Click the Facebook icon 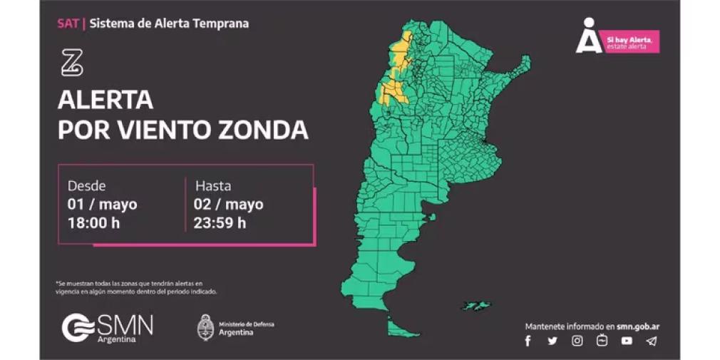[x=528, y=341]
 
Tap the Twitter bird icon [x=552, y=341]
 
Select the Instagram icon [x=577, y=341]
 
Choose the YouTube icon [x=627, y=341]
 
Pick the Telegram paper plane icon [x=651, y=341]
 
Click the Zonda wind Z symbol [x=72, y=63]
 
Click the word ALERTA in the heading [x=106, y=100]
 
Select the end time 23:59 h [x=220, y=222]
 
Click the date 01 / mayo [x=102, y=205]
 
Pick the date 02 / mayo [x=229, y=205]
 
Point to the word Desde [x=86, y=186]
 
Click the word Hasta [x=213, y=186]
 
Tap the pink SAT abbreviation [x=68, y=23]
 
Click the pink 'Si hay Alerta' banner [x=630, y=41]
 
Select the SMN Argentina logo [x=107, y=328]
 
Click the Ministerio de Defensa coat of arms [x=206, y=327]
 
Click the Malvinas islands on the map [x=475, y=305]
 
